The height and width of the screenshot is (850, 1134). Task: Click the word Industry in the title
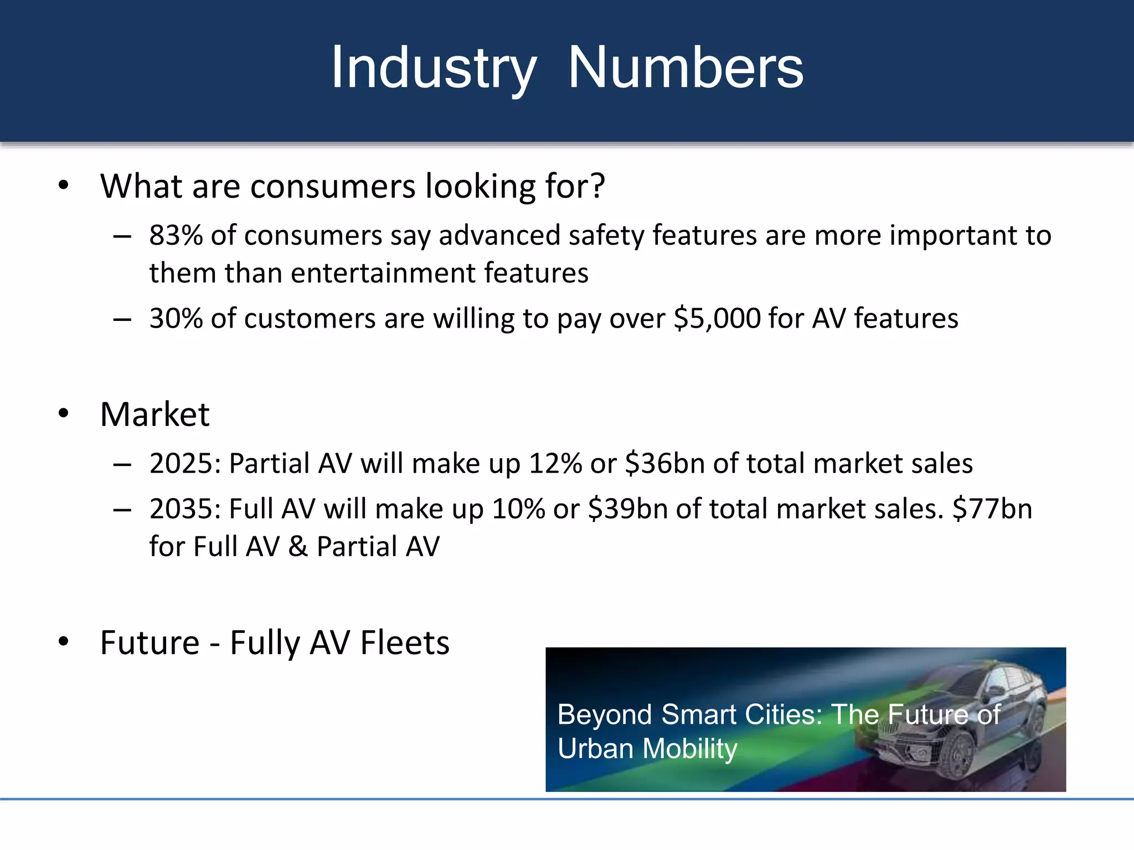[x=433, y=69]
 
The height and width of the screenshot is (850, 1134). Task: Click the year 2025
[x=184, y=464]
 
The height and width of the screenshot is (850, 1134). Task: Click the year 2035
[x=184, y=509]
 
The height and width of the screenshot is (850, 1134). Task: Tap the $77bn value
[x=992, y=509]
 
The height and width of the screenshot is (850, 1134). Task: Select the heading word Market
[x=154, y=414]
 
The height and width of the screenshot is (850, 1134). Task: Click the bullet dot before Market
[x=64, y=413]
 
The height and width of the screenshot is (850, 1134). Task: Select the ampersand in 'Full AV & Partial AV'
[x=298, y=547]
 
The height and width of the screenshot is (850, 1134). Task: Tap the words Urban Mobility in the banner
[x=647, y=749]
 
